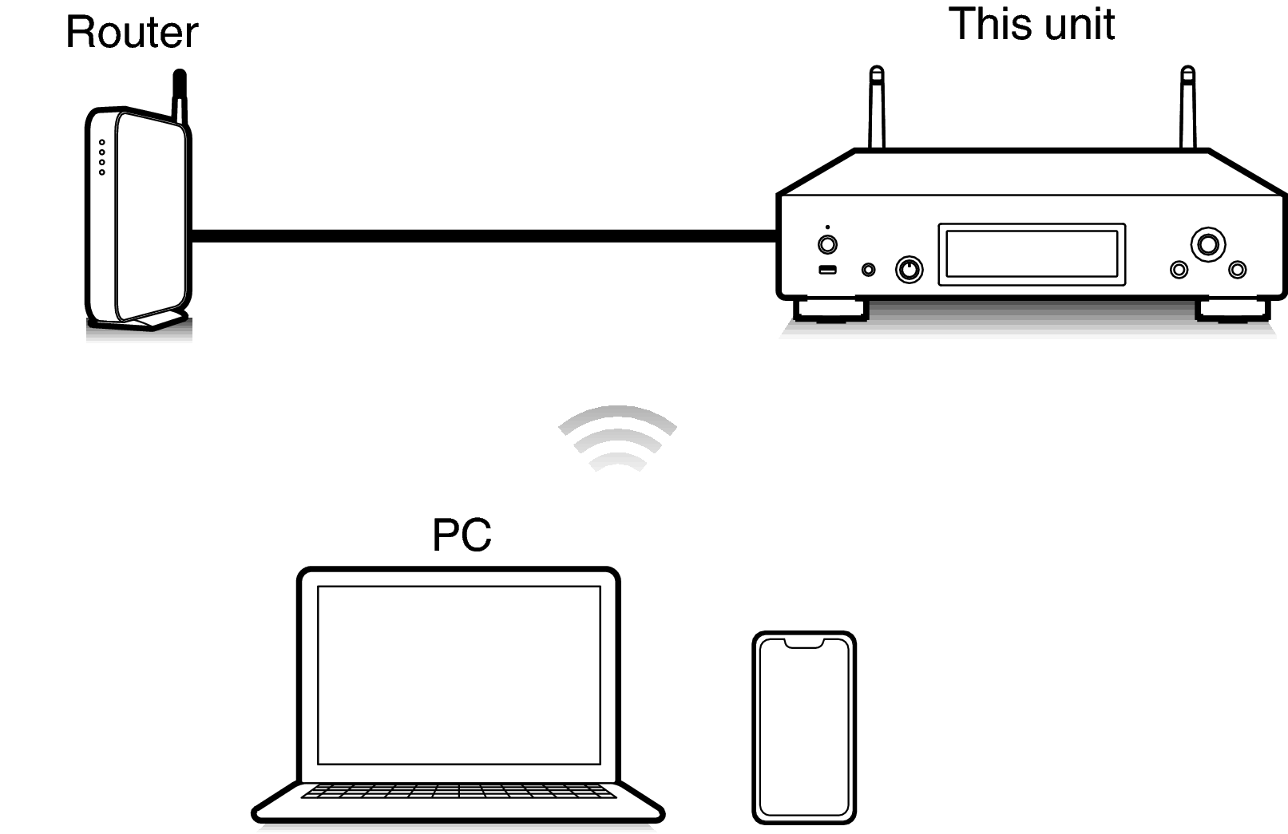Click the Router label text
click(x=132, y=32)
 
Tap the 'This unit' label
click(x=1032, y=24)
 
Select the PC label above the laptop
click(x=462, y=535)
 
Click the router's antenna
click(x=180, y=97)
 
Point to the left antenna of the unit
click(x=876, y=108)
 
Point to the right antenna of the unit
click(x=1188, y=108)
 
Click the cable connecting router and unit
click(x=484, y=236)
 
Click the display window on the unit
click(x=1032, y=254)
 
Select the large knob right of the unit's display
click(x=1208, y=245)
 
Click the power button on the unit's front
click(x=827, y=245)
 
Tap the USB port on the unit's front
click(x=827, y=270)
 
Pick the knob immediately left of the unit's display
click(x=909, y=270)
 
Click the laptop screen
click(x=459, y=675)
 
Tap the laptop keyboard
click(x=459, y=792)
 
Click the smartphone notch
click(x=804, y=643)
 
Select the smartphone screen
click(x=804, y=728)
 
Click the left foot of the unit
click(x=831, y=309)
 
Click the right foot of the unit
click(x=1233, y=309)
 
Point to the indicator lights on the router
click(x=102, y=157)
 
